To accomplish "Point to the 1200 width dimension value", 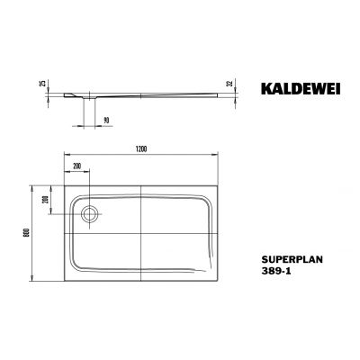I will click(141, 147).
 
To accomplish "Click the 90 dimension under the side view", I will click(106, 118).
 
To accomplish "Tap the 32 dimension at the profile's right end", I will click(231, 87).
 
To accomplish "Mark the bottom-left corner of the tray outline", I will click(64, 281).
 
